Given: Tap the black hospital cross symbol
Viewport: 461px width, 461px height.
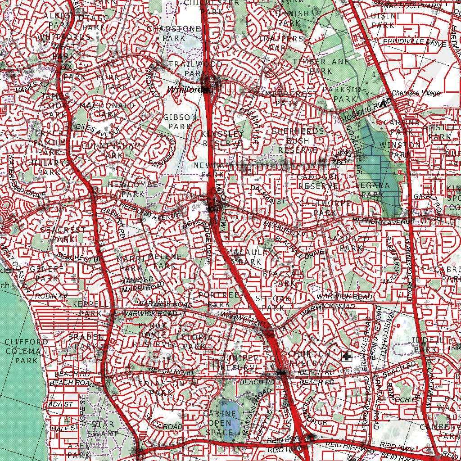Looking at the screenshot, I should click(346, 357).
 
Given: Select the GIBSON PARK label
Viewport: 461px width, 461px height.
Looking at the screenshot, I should click(180, 122).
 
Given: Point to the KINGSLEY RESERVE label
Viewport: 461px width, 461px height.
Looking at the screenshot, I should click(222, 139).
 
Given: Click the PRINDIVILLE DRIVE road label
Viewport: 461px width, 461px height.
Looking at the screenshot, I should click(414, 41).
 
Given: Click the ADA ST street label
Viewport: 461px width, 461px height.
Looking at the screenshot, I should click(62, 404).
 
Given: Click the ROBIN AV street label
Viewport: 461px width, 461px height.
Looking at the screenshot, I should click(51, 296).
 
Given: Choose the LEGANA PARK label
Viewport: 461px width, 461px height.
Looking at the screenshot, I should click(372, 190).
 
